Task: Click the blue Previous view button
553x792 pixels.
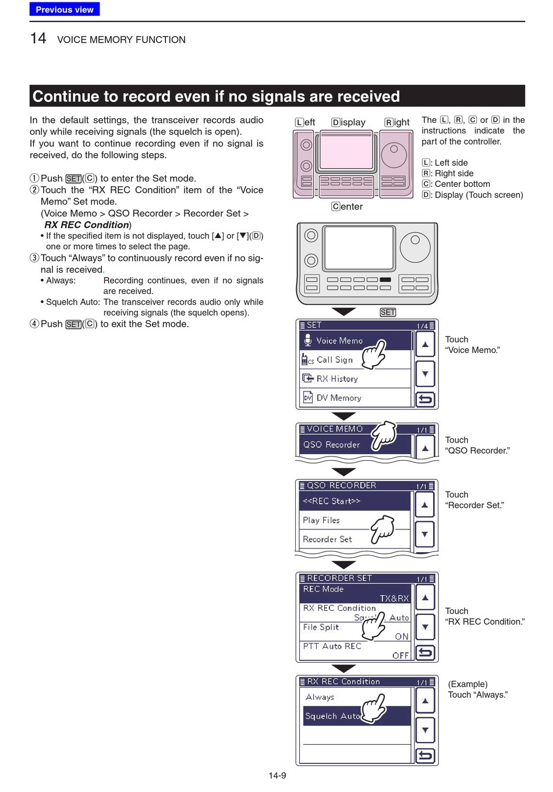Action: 65,9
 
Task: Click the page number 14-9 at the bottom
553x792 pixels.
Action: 277,775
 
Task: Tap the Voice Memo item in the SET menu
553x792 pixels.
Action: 339,341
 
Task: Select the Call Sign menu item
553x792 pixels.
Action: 334,360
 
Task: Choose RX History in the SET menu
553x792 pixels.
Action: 337,379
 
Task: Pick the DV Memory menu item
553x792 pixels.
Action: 339,398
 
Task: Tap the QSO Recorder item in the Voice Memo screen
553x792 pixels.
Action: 331,445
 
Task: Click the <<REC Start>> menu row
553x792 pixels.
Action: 331,501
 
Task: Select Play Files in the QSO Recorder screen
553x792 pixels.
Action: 321,520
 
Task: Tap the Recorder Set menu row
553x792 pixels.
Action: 327,539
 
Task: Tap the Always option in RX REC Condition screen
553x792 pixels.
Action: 320,697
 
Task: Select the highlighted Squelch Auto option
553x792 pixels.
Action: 332,716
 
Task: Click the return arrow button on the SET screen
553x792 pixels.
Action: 426,399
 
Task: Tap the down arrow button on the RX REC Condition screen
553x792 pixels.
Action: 426,730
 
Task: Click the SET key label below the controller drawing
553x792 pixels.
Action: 388,313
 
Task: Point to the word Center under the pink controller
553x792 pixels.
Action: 347,207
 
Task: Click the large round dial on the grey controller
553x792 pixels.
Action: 415,246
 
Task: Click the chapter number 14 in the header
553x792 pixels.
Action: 38,38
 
